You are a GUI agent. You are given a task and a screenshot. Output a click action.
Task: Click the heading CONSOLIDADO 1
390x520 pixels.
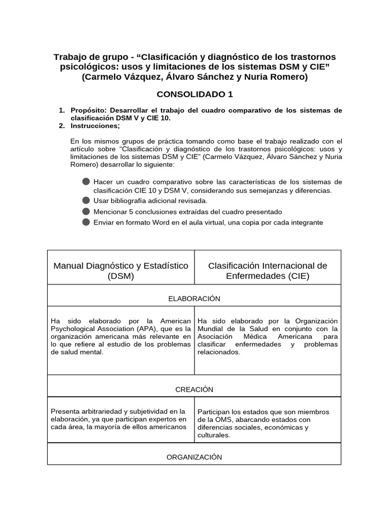tap(194, 94)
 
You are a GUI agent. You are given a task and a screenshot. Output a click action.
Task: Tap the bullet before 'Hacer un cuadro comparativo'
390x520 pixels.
tap(86, 182)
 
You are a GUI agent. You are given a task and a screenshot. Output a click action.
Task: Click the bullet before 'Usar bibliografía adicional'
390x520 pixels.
tap(86, 201)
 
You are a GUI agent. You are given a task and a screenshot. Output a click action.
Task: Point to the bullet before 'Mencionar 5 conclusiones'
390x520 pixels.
tap(86, 212)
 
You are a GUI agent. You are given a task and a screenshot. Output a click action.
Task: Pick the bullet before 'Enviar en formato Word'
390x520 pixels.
tap(86, 222)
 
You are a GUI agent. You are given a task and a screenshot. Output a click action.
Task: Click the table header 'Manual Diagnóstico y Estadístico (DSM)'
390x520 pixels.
tap(121, 271)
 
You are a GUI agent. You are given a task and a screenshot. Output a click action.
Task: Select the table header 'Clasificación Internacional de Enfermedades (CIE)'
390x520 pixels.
tap(268, 271)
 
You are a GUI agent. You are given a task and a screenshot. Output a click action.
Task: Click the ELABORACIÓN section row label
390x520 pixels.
tap(194, 299)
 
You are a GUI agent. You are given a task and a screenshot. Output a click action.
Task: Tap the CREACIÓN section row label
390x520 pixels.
tap(194, 389)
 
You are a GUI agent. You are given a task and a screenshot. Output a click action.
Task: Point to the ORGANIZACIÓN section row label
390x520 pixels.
tap(194, 457)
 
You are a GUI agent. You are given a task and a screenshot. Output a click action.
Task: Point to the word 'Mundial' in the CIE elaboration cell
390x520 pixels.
tap(211, 329)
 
